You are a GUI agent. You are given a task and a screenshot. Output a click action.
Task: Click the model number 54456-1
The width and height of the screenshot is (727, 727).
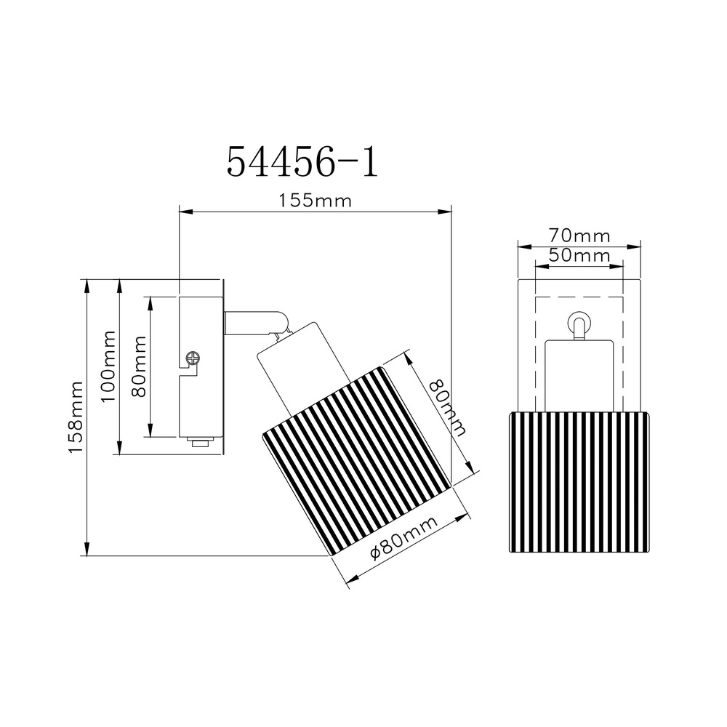click(302, 161)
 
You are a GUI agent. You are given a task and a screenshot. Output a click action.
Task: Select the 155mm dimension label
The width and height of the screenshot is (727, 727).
click(315, 201)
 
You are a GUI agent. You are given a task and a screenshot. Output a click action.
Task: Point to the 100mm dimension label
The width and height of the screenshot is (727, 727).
click(108, 366)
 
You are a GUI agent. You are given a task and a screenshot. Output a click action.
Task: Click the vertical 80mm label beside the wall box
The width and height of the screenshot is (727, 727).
click(139, 366)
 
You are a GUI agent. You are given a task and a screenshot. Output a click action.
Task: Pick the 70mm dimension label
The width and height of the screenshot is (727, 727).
click(579, 236)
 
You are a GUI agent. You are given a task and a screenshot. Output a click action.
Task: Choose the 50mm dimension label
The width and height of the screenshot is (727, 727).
click(579, 255)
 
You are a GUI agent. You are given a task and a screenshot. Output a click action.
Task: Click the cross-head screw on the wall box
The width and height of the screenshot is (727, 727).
click(192, 358)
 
